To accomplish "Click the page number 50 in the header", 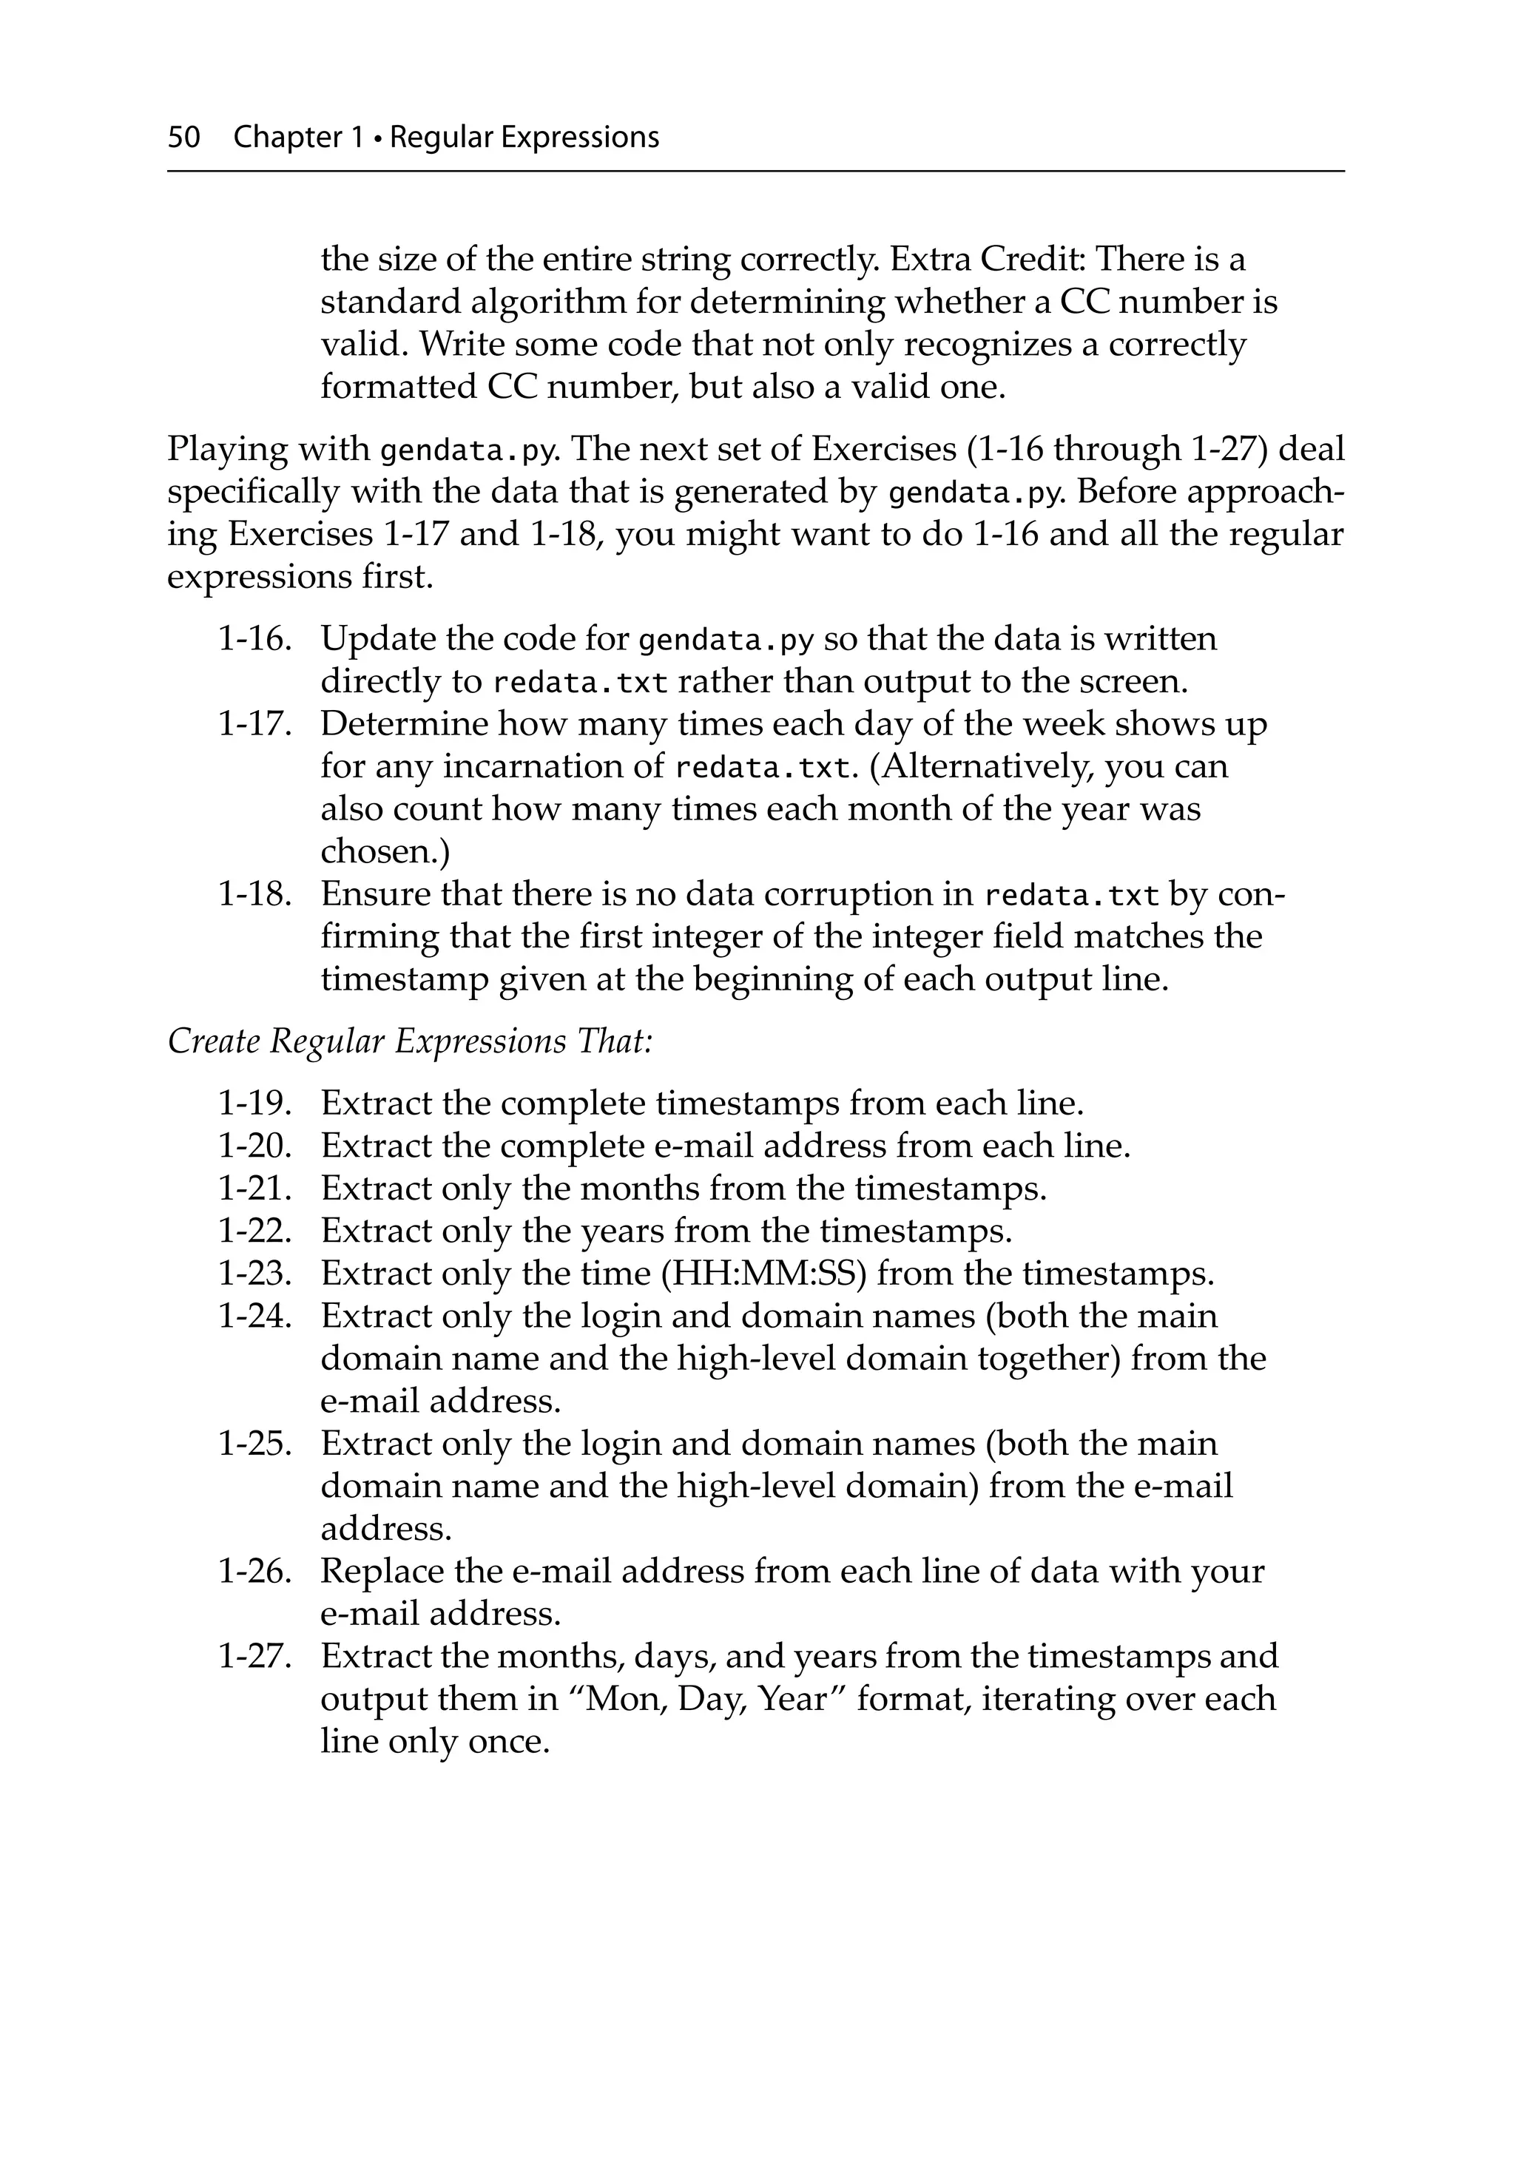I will coord(183,138).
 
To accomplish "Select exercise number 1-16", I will coord(254,639).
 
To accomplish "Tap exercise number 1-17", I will coord(254,724).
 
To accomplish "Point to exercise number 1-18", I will coord(254,894).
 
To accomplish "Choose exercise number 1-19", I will coord(254,1104).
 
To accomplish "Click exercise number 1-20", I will coord(254,1146).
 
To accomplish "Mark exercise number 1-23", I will coord(254,1274).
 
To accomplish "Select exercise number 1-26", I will coord(254,1571).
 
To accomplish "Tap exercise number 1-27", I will coord(254,1656).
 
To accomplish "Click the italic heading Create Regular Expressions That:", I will coord(410,1041).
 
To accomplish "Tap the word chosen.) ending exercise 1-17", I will coord(385,852).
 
